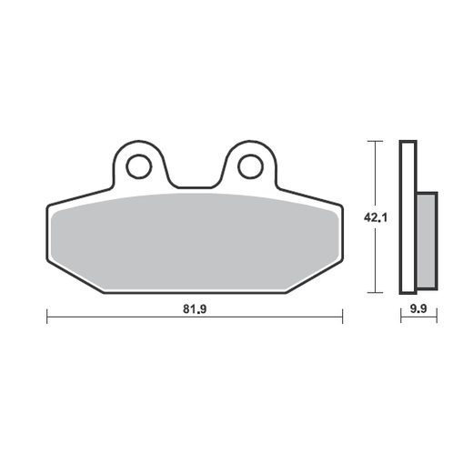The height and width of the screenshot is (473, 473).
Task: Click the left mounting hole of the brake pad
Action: point(139,166)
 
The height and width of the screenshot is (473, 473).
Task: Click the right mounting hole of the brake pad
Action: point(250,166)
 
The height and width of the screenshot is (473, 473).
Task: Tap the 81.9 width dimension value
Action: point(195,309)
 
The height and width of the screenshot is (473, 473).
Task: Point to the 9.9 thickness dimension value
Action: point(418,309)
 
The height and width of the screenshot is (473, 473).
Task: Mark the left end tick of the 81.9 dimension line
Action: point(46,317)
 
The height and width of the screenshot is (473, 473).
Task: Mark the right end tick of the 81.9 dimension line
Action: point(342,317)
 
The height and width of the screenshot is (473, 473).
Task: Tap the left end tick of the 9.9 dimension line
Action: point(401,317)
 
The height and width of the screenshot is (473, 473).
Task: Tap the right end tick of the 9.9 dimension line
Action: point(437,317)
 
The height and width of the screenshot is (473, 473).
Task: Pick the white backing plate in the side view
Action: point(408,218)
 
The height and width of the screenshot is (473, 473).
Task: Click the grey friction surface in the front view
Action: point(195,241)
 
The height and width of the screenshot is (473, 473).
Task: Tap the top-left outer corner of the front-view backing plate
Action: point(46,206)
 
